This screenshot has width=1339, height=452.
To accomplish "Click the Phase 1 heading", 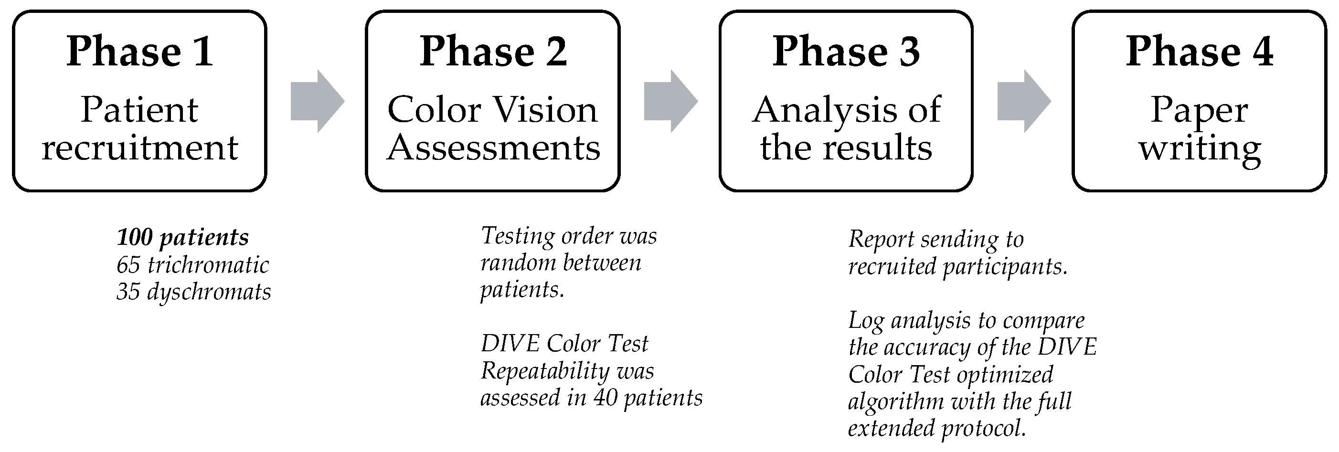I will click(x=139, y=52).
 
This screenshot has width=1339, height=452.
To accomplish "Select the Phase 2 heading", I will click(x=493, y=52).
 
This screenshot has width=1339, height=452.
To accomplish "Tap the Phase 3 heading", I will click(x=846, y=52).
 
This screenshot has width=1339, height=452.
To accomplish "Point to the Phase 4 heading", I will click(x=1199, y=52).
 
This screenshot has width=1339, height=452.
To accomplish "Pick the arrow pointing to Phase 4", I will click(x=1023, y=101).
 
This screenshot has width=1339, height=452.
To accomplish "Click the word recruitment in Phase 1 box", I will click(x=139, y=148).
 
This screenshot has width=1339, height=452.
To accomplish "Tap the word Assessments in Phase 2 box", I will click(x=493, y=148).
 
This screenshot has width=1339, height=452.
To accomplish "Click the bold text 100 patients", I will click(x=182, y=237).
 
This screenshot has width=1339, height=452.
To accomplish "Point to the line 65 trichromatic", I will click(x=192, y=265).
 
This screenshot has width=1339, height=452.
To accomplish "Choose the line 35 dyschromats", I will click(x=193, y=292).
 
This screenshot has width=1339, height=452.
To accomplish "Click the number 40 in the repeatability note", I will click(x=605, y=398).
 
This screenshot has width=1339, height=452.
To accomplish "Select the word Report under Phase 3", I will click(x=881, y=240).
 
